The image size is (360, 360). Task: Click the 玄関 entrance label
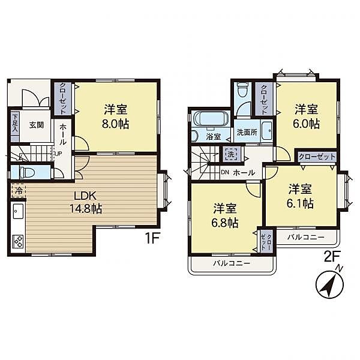37,125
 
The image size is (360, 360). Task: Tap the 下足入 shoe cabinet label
15,123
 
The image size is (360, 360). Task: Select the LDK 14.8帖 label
85,202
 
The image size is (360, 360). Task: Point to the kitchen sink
18,211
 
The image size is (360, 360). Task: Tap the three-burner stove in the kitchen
17,241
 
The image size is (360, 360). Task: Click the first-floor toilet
26,172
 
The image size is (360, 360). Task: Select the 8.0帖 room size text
115,124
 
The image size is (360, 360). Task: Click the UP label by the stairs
58,154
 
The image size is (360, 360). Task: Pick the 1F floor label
152,239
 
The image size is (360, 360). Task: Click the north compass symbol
329,283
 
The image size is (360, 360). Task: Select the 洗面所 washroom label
247,132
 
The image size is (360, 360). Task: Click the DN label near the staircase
225,172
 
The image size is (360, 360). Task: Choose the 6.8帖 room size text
225,223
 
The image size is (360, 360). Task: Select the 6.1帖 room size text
300,203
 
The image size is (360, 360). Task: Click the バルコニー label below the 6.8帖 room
232,263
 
